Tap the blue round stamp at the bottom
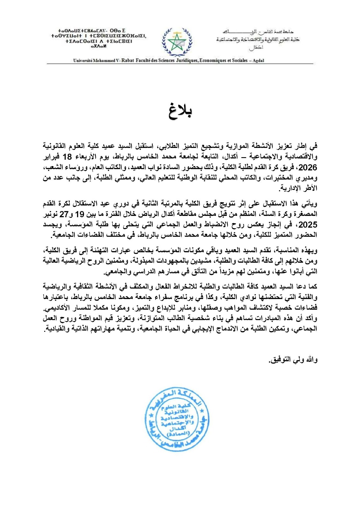pos(173,419)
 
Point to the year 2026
pos(307,167)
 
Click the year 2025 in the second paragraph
pos(307,225)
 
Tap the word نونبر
pos(51,214)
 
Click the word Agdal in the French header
pos(258,60)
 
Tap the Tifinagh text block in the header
pos(99,38)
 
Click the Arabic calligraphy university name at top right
pos(258,39)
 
